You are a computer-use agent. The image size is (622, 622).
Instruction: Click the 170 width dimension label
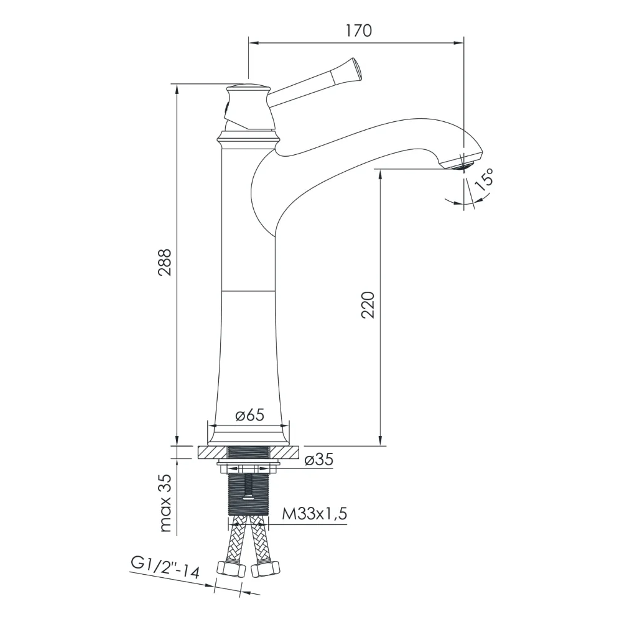click(358, 30)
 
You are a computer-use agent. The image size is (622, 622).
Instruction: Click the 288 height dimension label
click(165, 262)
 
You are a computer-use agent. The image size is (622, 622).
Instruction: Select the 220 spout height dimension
click(368, 305)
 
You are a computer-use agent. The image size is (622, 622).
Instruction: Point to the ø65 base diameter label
click(249, 415)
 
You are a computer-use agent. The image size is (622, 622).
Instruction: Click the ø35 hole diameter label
click(319, 460)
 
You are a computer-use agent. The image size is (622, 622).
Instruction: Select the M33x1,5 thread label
click(314, 514)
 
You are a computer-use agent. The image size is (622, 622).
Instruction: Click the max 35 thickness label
click(165, 503)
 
